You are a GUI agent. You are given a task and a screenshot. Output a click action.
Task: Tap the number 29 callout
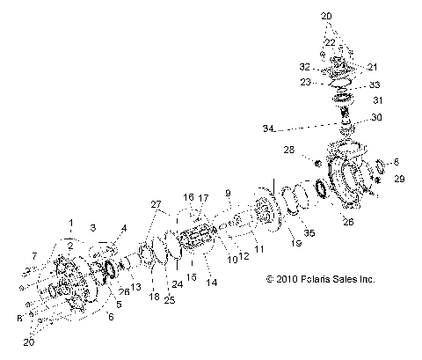point(399,179)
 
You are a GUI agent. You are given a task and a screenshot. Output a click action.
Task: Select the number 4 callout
point(123,228)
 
